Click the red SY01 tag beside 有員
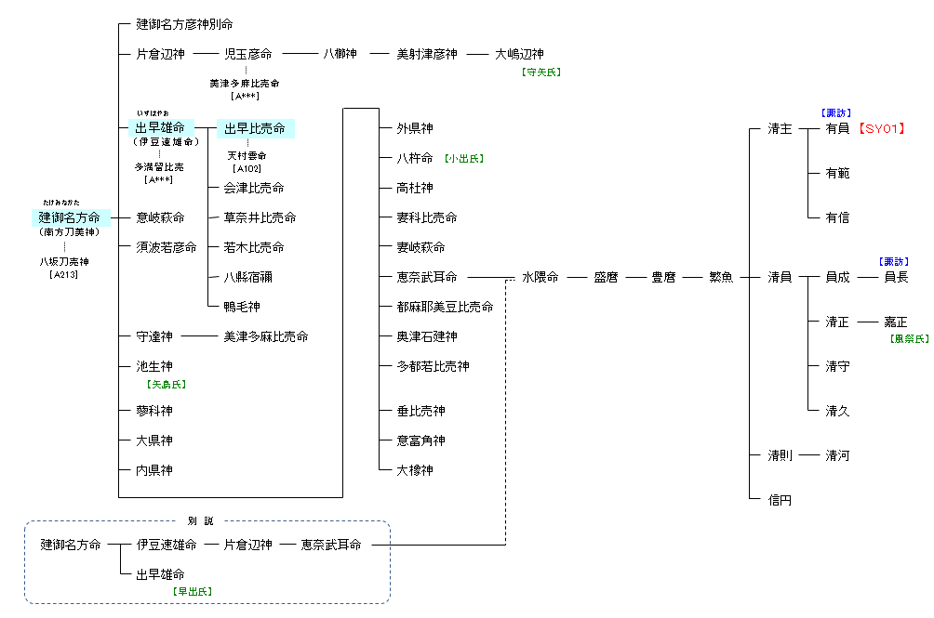pos(881,128)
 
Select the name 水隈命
pos(540,277)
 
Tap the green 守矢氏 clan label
pos(541,72)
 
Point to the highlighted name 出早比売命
pos(255,128)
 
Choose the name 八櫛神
pos(340,54)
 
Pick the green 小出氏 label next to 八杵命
pos(464,159)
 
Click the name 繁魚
pos(721,277)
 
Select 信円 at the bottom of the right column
pos(780,500)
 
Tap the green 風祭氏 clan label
pos(910,339)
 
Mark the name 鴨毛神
pos(242,307)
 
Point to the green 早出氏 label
pos(193,591)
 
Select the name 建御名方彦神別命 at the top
pos(184,24)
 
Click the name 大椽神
pos(415,470)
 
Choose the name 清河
pos(837,455)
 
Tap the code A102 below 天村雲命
pos(247,169)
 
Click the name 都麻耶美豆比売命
pos(446,307)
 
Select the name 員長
pos(897,277)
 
